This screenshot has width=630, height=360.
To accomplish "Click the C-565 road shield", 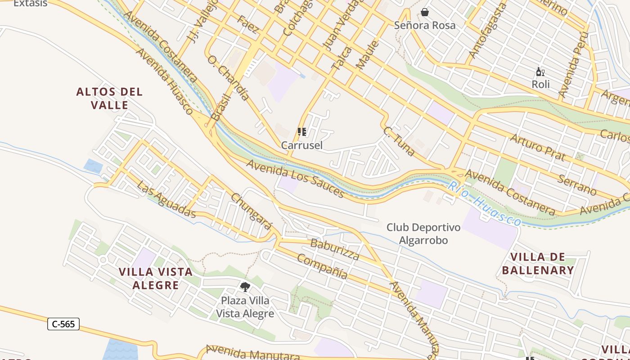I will coord(63,324).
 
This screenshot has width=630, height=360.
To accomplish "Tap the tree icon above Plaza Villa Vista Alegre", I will coord(245,287).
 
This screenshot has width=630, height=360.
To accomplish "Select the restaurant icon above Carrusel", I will coord(302,132).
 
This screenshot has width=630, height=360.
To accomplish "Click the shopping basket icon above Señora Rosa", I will coord(424,12).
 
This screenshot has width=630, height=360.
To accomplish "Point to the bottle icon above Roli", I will coord(540,72).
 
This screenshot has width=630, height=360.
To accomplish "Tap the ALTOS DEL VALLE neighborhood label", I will coord(109,99).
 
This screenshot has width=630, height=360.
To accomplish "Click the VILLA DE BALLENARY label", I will coord(538,264).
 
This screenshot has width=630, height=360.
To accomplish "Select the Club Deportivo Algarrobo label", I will coord(423,234).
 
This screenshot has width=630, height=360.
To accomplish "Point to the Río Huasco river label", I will coord(484,207).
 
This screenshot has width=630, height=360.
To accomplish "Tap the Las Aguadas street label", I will coord(166,199).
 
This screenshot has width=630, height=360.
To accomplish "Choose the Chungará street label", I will coord(251,211).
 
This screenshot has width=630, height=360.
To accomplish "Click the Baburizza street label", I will coord(335,250).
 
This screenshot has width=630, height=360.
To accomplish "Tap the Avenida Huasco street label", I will coord(164,81).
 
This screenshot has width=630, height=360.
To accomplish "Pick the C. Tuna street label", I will coord(399,141).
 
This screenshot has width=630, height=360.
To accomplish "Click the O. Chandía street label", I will coord(228,77).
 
